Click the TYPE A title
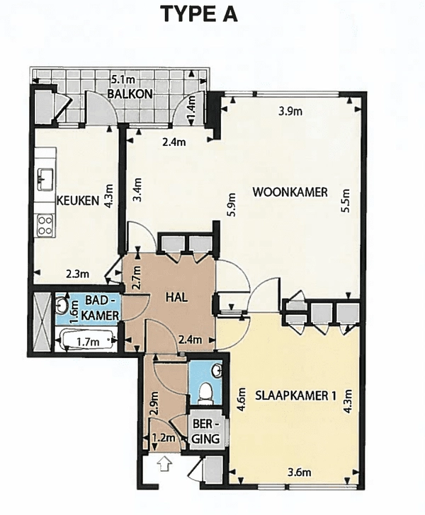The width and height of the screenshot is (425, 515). pos(200,14)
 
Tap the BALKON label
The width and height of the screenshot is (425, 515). pos(130,94)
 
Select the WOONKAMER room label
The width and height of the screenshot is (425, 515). pos(290,192)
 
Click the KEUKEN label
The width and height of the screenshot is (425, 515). pos(78,200)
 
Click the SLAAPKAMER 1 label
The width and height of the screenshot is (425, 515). pos(295,395)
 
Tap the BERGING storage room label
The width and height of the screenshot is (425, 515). pos(205,432)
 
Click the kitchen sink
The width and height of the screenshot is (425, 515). pos(45,179)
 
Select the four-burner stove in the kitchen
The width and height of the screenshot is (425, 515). pos(45,225)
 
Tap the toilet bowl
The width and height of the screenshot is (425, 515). pos(206,392)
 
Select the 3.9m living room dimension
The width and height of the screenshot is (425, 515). pos(290,111)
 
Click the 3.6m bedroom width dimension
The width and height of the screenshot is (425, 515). pos(299,472)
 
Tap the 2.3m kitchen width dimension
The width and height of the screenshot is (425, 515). pos(77,273)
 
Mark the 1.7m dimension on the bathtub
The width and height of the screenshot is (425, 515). pos(88,342)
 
